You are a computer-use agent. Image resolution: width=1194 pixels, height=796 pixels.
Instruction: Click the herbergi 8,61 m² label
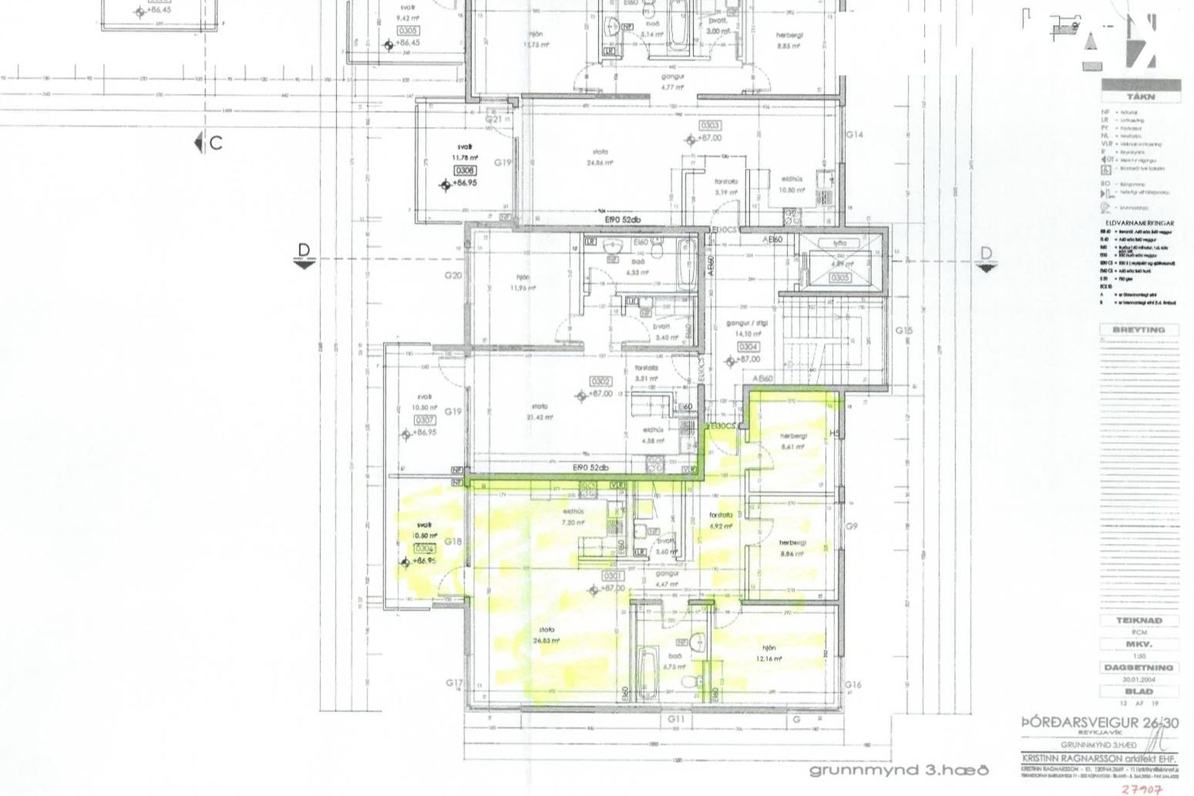coord(793,441)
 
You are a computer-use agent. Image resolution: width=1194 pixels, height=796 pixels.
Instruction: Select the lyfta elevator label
coord(840,244)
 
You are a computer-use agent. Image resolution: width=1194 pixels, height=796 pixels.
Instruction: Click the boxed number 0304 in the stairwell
coord(747,347)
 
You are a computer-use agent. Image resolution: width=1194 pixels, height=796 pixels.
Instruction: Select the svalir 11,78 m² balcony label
coord(463,153)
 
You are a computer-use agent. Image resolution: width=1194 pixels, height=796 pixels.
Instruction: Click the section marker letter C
coord(215,143)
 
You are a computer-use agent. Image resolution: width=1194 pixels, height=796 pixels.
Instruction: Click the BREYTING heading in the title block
coord(1139,330)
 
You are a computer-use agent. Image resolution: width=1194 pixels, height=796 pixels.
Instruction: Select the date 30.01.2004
coord(1140,679)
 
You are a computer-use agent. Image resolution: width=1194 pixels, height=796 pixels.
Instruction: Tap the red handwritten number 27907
coord(1143,789)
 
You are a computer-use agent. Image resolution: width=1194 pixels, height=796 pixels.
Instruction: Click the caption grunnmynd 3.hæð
coord(898,771)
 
